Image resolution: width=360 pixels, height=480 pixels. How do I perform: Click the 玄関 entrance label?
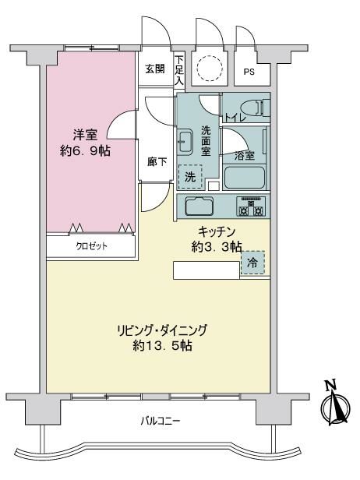coord(155,69)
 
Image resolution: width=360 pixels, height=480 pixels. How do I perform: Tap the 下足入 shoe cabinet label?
coord(179,70)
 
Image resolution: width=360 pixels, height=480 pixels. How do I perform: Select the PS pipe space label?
coord(249,72)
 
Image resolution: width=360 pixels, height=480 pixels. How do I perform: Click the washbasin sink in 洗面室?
coord(185,141)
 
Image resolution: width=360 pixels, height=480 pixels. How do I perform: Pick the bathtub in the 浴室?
coord(245,178)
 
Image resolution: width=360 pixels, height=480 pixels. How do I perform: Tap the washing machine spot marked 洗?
coord(190,177)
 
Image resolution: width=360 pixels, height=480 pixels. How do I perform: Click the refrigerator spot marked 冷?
coord(252,263)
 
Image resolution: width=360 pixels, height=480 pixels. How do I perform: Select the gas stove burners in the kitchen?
coord(251,206)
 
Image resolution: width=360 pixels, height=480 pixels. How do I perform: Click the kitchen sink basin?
coord(199,207)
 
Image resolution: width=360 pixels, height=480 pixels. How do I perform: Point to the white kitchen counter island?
coord(206,270)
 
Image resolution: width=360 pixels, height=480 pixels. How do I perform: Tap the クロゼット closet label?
coord(91,246)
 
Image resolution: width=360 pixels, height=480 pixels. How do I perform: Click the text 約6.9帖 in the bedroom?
coord(85,151)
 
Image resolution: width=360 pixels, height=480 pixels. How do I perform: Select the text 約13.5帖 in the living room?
coord(163,346)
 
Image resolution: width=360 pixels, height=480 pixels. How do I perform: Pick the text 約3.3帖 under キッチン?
coord(217,247)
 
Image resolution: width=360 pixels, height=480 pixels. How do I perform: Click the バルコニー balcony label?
coord(161,422)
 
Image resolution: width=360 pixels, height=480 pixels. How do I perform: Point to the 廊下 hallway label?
coord(157,161)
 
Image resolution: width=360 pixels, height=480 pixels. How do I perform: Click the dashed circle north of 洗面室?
coord(209,68)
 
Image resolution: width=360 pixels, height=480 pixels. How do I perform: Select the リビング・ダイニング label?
coord(162,330)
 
